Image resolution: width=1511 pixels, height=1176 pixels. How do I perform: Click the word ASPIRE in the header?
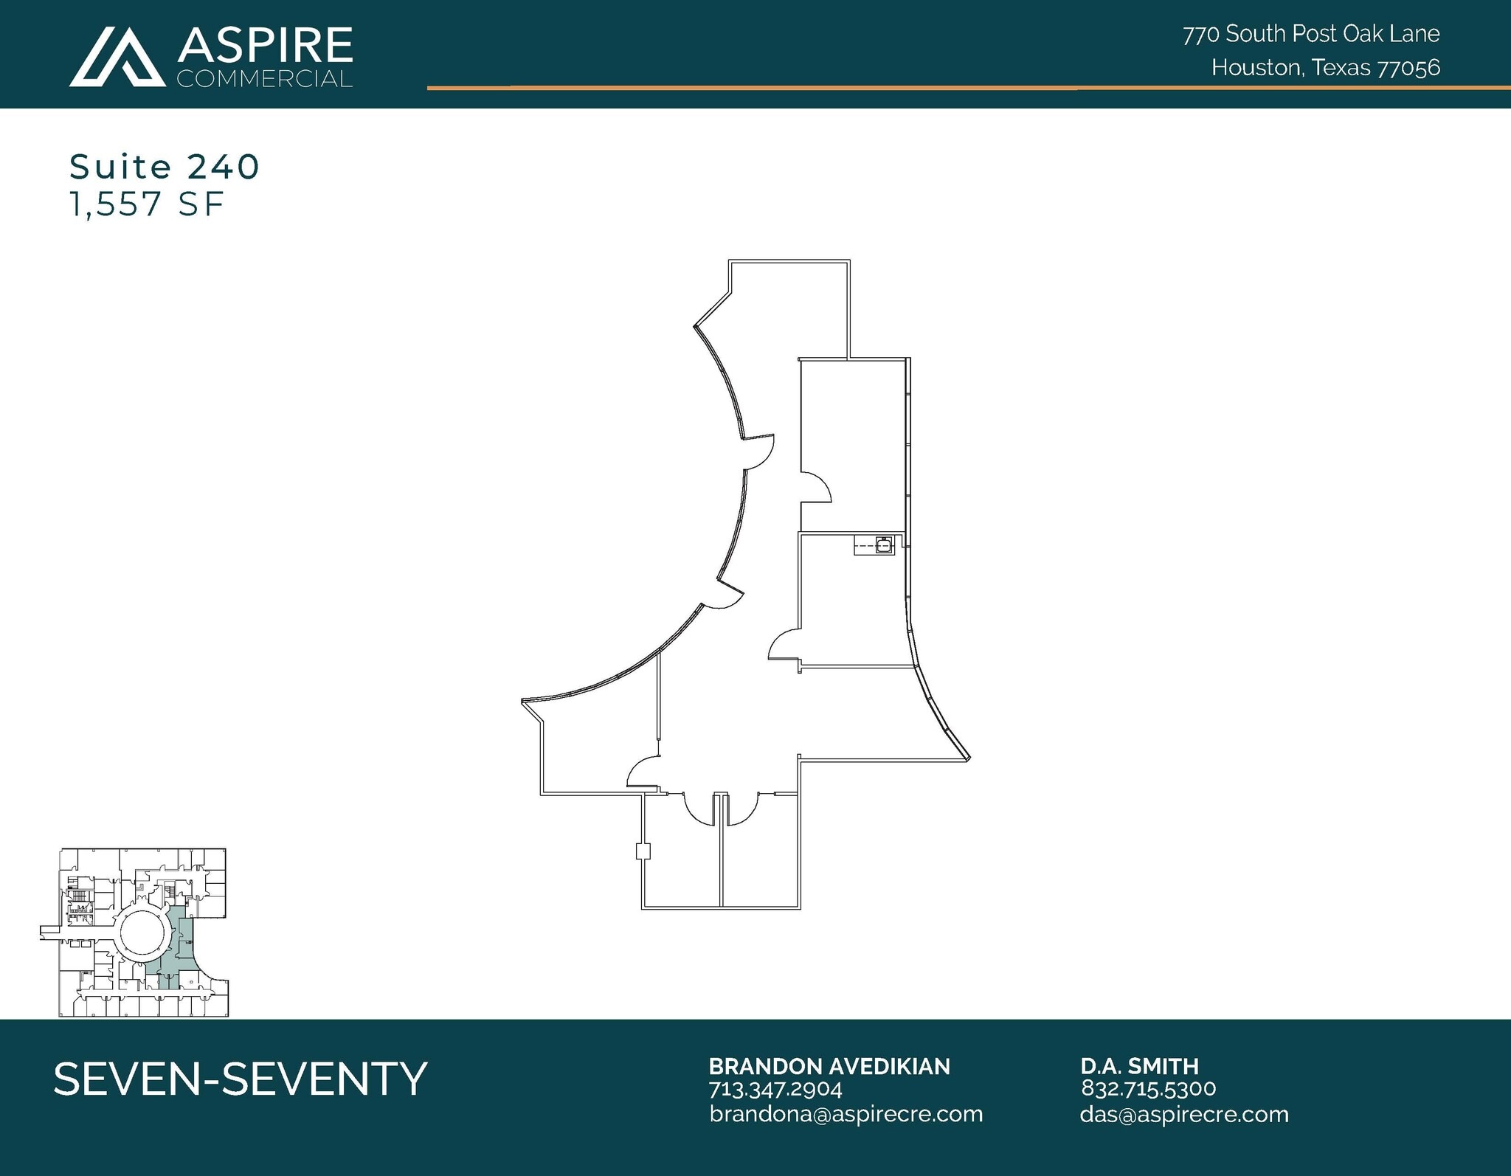point(265,45)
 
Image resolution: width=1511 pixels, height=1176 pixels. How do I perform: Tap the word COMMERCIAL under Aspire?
point(265,79)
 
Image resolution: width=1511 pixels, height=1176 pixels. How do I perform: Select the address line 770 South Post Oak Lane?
point(1311,34)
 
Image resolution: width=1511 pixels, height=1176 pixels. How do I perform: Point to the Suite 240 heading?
point(165,167)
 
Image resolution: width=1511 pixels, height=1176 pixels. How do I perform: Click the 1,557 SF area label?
point(146,204)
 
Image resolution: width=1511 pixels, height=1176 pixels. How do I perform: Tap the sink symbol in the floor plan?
point(883,545)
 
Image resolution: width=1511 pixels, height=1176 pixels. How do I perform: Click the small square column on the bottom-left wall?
point(643,851)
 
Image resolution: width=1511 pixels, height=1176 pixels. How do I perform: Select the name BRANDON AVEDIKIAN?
point(829,1066)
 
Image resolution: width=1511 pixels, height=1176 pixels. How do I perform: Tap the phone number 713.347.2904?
point(775,1089)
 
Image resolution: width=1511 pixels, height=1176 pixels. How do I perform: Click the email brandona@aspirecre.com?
point(846,1114)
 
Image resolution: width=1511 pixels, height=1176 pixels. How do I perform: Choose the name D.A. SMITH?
point(1139,1066)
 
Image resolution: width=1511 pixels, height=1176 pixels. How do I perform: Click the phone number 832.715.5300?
point(1148,1088)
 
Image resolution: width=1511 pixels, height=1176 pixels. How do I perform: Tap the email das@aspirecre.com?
point(1183,1114)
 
